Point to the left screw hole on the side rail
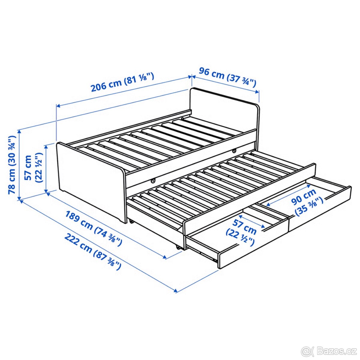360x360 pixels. (x=153, y=181)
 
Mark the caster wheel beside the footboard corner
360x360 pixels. (x=131, y=222)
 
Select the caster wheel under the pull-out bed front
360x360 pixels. (x=179, y=247)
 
